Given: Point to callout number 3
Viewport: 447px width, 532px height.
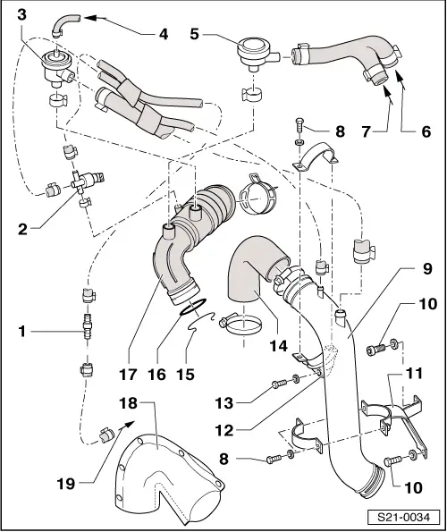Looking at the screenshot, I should coord(21,12).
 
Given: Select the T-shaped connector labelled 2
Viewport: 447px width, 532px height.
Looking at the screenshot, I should coord(77,182).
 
